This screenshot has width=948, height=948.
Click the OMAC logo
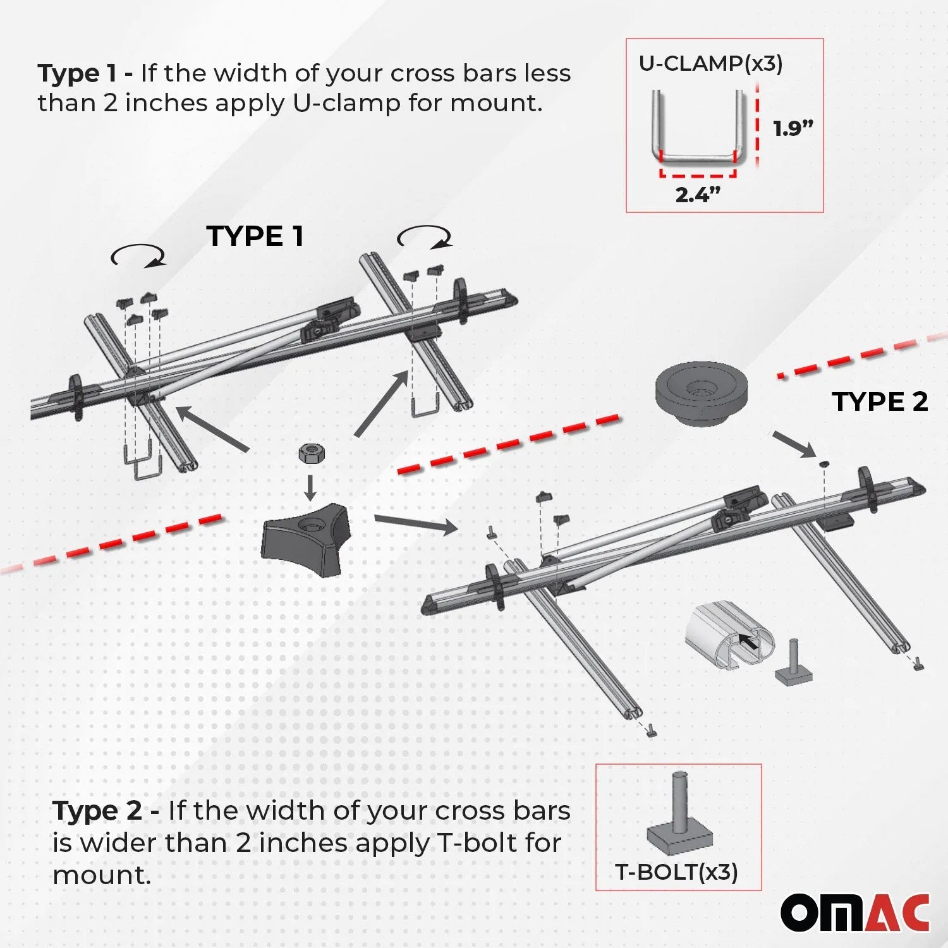coord(854,913)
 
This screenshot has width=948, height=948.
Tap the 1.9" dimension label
coord(793,129)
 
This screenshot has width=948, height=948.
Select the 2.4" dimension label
coord(698,195)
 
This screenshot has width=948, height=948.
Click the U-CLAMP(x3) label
coord(710,64)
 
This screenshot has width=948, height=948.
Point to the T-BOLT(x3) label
coord(676,872)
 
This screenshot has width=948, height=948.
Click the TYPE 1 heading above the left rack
coord(255,236)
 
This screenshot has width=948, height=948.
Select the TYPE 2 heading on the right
coord(879,402)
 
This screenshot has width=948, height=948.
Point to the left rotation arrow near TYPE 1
coord(138,256)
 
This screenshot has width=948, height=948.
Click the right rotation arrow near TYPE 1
coord(424,237)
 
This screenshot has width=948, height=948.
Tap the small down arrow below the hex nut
coord(310,487)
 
